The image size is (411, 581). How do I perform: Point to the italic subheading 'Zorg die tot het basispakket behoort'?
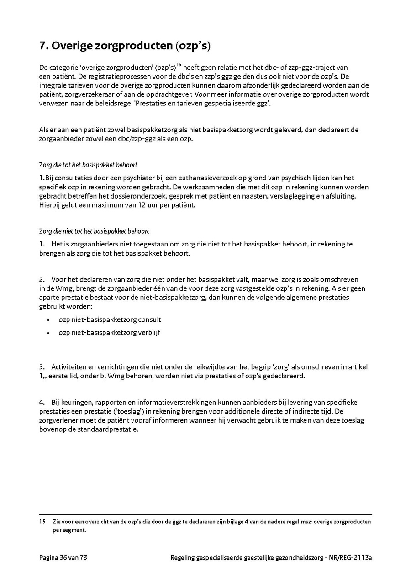click(x=88, y=165)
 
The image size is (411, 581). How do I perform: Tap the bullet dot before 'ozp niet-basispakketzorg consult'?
click(x=48, y=320)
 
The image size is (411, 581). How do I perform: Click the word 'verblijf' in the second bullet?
click(x=148, y=332)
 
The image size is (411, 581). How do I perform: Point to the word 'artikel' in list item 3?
click(x=358, y=367)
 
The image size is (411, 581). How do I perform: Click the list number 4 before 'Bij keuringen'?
click(x=42, y=402)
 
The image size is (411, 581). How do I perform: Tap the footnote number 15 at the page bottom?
click(x=42, y=522)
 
